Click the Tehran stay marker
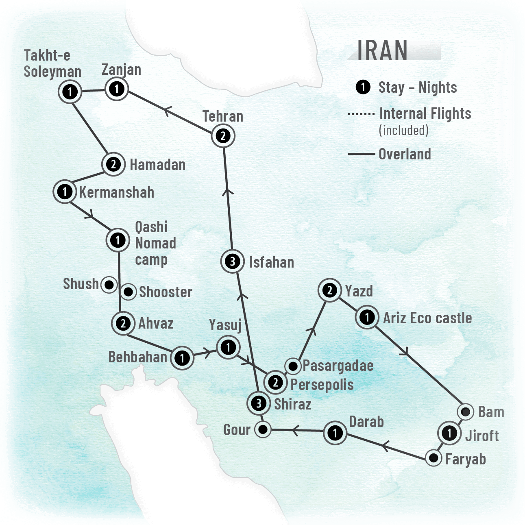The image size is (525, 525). [x=223, y=136]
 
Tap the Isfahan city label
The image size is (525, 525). [x=271, y=263]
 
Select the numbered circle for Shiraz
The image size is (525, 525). [x=258, y=403]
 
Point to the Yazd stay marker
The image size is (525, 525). [x=330, y=290]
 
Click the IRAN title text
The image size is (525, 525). [x=382, y=50]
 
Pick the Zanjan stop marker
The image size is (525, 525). [x=117, y=89]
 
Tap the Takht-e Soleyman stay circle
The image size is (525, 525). [x=70, y=91]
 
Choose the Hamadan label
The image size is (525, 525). [x=157, y=165]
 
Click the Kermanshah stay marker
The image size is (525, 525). [x=65, y=192]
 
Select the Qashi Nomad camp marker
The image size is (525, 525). [x=118, y=240]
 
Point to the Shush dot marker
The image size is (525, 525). [x=109, y=285]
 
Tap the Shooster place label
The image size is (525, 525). [x=166, y=292]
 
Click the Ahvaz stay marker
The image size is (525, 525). [x=123, y=324]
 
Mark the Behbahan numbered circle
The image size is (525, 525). [x=182, y=358]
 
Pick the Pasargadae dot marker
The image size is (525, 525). [x=292, y=366]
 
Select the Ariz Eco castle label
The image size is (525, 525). [x=427, y=318]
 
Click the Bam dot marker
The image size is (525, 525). [x=466, y=412]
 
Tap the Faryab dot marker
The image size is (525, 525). [x=434, y=458]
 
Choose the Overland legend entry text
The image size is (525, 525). [x=405, y=154]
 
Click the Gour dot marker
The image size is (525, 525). [x=263, y=429]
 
